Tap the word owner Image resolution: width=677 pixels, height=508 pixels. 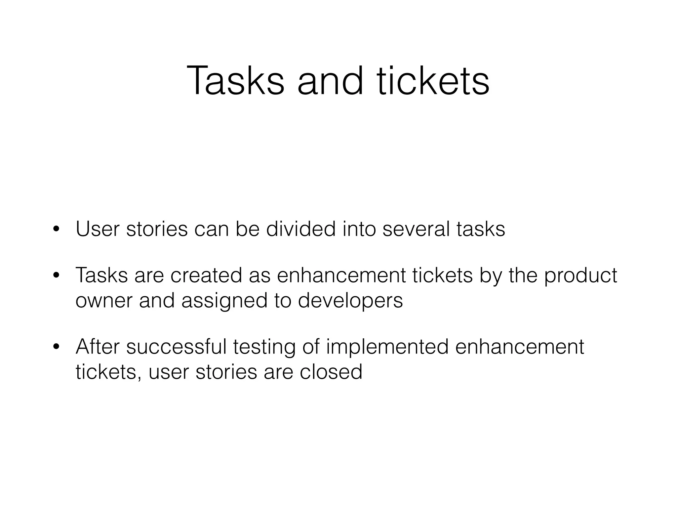click(x=104, y=301)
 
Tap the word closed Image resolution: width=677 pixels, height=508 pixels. click(x=331, y=372)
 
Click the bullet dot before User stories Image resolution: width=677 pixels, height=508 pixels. click(x=56, y=229)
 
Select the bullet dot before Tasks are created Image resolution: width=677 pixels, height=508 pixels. click(x=56, y=275)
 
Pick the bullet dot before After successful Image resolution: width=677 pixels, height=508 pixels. click(x=56, y=347)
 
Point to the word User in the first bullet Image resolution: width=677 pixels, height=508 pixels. click(x=98, y=229)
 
